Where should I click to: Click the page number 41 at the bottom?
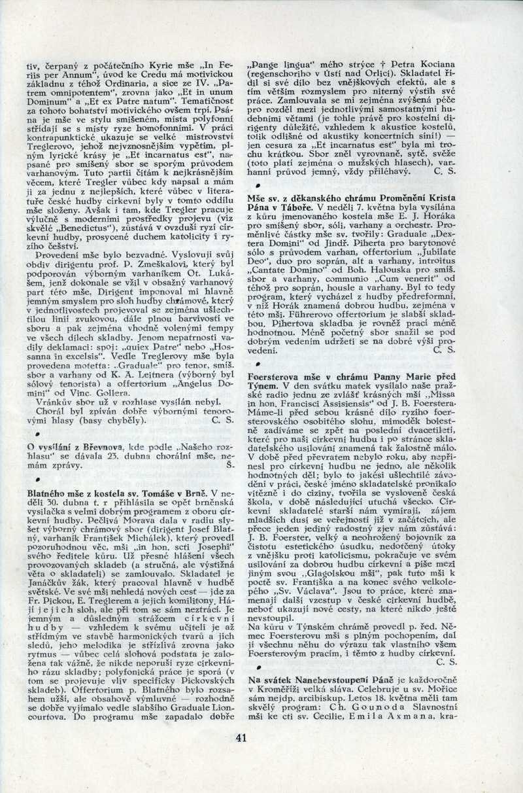pyautogui.click(x=241, y=738)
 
